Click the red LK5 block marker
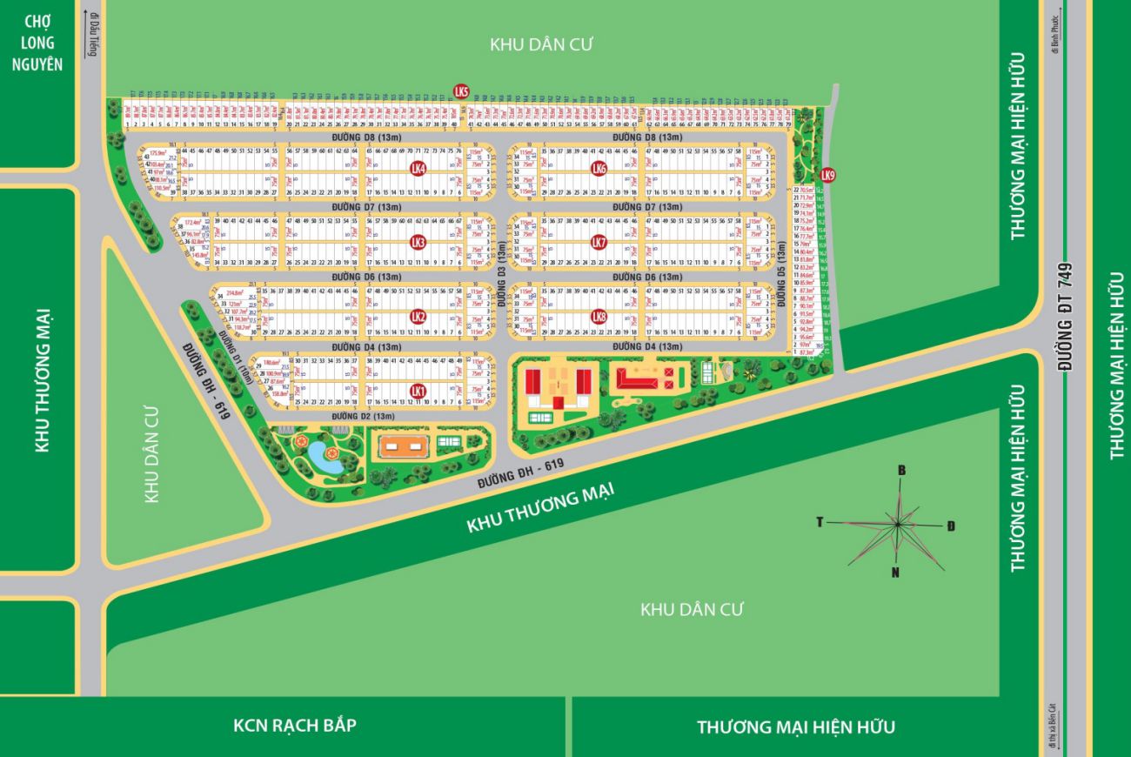click(x=462, y=91)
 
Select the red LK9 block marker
click(x=827, y=175)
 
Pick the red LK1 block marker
click(x=418, y=391)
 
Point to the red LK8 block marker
click(x=598, y=317)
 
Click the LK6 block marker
click(x=598, y=168)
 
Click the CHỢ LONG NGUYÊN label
click(x=39, y=42)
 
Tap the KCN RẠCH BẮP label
click(x=295, y=725)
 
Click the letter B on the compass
click(x=902, y=471)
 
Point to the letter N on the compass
click(x=895, y=572)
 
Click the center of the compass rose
click(x=897, y=524)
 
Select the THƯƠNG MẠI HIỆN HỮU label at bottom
click(x=795, y=727)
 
